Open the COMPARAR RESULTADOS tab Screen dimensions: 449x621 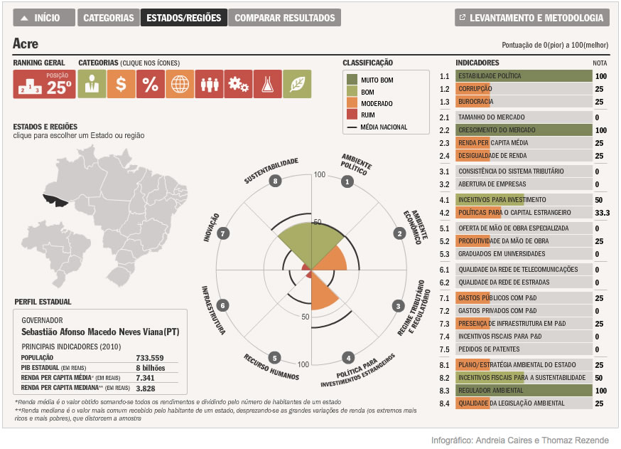(284, 18)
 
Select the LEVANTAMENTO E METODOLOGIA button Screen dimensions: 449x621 (531, 18)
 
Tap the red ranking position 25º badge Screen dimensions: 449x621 (43, 84)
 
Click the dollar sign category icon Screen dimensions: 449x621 (121, 84)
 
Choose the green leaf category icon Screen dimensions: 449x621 (297, 84)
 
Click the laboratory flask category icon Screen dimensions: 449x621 (268, 84)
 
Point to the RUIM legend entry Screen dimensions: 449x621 (367, 115)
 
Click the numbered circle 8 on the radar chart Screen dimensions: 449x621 (275, 181)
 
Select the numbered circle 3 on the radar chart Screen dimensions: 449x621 (399, 305)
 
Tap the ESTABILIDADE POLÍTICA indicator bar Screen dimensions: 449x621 (523, 75)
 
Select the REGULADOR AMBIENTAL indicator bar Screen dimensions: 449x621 (523, 391)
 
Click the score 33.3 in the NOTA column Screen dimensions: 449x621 (602, 213)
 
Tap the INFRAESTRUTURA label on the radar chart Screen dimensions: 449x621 (213, 310)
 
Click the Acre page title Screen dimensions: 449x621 (26, 44)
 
